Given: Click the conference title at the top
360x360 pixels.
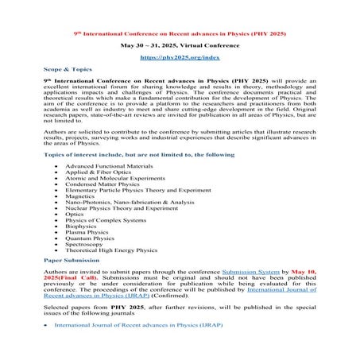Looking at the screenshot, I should click(x=180, y=35).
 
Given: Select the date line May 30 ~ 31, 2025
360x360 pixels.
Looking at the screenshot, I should click(x=180, y=47).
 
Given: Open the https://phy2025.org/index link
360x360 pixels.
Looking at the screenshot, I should click(x=180, y=59).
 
